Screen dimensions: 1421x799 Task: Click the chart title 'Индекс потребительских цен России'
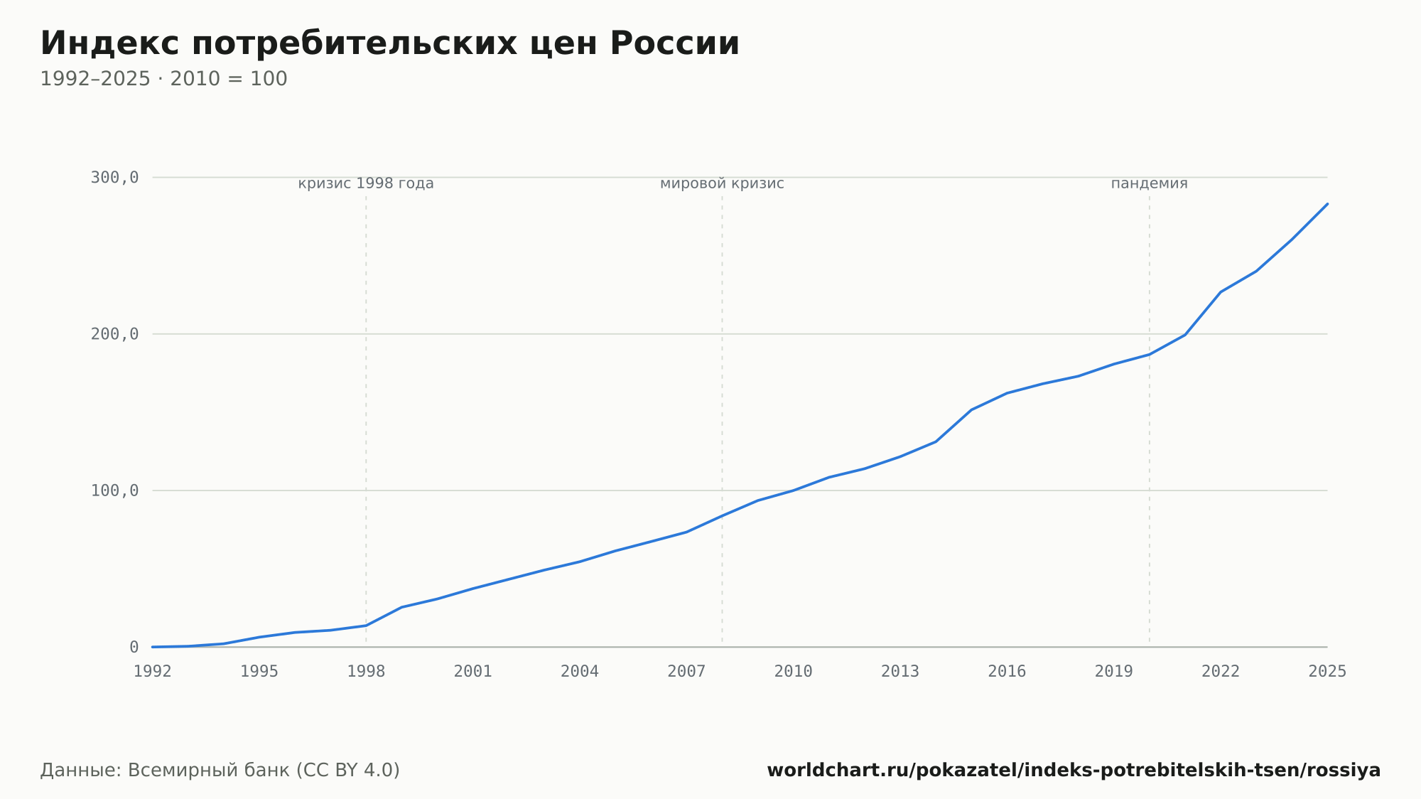click(389, 43)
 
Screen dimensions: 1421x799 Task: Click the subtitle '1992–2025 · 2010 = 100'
click(163, 79)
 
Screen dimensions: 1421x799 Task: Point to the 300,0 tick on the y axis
click(114, 178)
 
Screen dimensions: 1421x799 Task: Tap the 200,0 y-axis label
click(114, 334)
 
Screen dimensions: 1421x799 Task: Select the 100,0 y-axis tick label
click(114, 490)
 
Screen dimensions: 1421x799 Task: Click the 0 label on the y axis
click(134, 647)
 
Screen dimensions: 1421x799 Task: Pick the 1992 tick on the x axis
click(153, 672)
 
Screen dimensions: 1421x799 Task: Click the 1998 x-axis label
click(366, 672)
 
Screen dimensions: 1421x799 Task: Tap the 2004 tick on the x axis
click(580, 672)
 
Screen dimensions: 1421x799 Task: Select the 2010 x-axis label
click(794, 672)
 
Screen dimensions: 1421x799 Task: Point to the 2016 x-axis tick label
click(1007, 672)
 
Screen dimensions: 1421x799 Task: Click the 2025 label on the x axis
click(1327, 672)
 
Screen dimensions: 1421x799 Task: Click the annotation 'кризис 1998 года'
click(366, 183)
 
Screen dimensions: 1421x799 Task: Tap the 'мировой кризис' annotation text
click(722, 183)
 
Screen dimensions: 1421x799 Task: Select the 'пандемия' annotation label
click(1150, 183)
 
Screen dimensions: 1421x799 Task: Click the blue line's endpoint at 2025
click(1327, 204)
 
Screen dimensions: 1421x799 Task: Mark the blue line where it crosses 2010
click(794, 490)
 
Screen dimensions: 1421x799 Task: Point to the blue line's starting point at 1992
click(153, 647)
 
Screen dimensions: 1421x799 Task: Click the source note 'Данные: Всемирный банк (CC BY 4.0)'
click(220, 771)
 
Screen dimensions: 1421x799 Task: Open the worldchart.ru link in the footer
click(1074, 771)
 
